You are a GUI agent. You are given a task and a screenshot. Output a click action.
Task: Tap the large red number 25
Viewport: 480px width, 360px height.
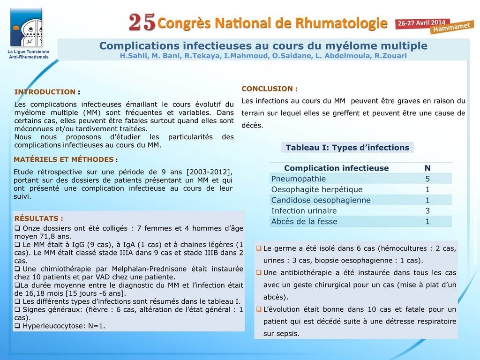142,22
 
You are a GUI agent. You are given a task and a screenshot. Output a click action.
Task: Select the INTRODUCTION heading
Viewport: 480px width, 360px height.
45,92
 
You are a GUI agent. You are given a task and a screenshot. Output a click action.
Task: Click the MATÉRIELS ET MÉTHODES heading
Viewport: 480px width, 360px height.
63,159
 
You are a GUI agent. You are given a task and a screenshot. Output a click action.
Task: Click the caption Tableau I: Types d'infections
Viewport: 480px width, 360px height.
347,148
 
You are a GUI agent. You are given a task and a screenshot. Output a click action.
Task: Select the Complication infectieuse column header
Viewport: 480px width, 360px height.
336,168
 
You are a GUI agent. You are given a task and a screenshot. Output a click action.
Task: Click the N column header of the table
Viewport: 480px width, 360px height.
427,168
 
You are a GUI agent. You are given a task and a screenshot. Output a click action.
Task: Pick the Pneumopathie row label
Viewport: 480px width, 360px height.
299,179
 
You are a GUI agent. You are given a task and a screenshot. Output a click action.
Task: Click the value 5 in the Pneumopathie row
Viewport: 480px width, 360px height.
427,179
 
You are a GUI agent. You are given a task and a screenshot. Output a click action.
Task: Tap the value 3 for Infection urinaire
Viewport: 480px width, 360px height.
427,211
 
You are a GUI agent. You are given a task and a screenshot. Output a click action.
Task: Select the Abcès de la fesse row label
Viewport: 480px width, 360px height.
304,222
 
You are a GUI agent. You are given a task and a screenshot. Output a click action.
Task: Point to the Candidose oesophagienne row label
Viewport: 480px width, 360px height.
321,200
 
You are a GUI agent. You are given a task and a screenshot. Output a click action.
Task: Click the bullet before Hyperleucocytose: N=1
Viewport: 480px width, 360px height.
17,325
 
